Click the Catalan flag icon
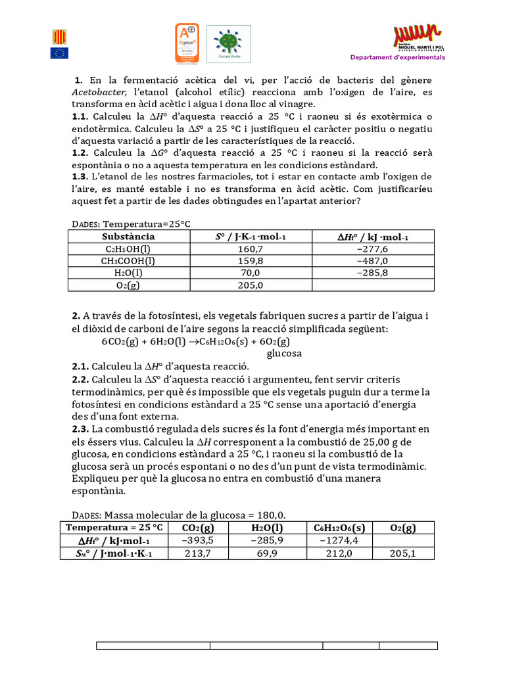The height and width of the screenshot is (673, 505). [59, 37]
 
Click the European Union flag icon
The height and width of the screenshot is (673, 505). [59, 53]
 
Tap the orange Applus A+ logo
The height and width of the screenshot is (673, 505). [187, 43]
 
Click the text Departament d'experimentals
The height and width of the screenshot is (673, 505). [397, 57]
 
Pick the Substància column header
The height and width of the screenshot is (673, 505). [129, 237]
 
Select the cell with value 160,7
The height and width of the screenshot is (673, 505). [250, 249]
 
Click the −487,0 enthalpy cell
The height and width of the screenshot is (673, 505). [372, 261]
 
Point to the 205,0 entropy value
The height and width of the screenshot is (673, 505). [250, 285]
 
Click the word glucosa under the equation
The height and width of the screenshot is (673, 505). [284, 354]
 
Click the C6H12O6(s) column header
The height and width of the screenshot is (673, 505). [339, 528]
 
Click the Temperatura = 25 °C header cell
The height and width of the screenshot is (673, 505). [114, 528]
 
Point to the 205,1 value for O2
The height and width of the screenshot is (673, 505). [402, 553]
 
